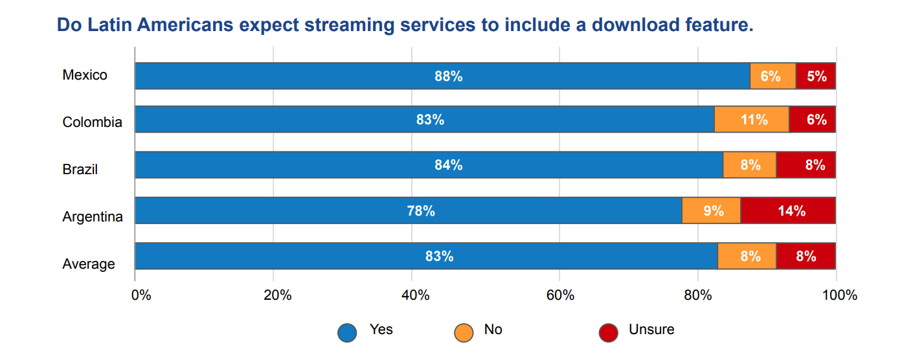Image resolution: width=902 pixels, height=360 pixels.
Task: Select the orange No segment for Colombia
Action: pyautogui.click(x=751, y=120)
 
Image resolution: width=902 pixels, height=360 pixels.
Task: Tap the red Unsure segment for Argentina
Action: pyautogui.click(x=788, y=211)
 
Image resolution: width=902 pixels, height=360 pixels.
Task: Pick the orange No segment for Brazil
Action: pyautogui.click(x=749, y=165)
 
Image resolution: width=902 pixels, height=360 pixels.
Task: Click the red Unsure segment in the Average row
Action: pyautogui.click(x=806, y=256)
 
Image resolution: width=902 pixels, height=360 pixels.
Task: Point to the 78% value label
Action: pyautogui.click(x=421, y=211)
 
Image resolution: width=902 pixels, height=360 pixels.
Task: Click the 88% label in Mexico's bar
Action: pyautogui.click(x=448, y=76)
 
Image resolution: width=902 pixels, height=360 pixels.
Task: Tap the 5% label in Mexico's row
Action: pyautogui.click(x=817, y=76)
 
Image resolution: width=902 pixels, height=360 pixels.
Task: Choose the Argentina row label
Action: pyautogui.click(x=93, y=217)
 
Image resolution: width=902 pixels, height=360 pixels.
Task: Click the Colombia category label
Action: pyautogui.click(x=92, y=122)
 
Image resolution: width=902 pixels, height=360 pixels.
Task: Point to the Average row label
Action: pyautogui.click(x=89, y=264)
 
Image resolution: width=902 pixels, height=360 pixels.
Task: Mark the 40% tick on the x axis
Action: pyautogui.click(x=416, y=296)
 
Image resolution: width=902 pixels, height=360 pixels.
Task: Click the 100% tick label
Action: pyautogui.click(x=839, y=296)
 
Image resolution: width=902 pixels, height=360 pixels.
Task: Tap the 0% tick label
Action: pyautogui.click(x=141, y=296)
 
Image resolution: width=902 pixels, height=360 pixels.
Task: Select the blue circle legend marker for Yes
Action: pyautogui.click(x=347, y=332)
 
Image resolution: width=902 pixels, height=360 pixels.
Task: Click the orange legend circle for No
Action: pyautogui.click(x=463, y=332)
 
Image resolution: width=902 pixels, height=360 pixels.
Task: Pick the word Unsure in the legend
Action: pyautogui.click(x=651, y=330)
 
